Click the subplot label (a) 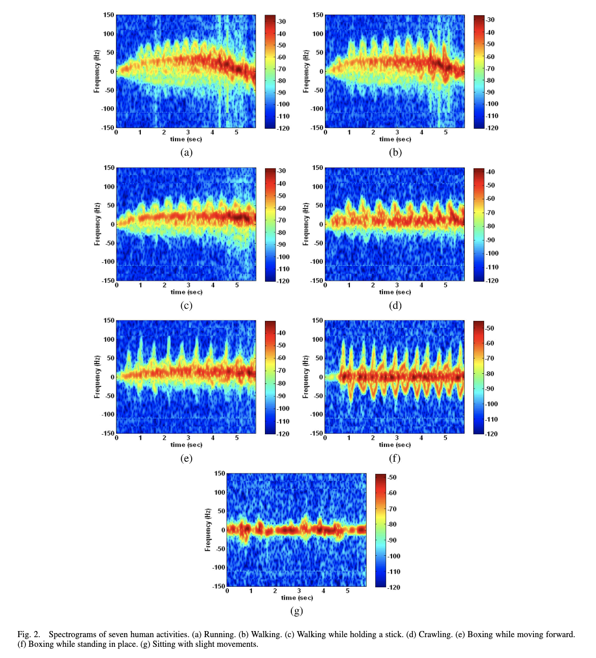tap(186, 152)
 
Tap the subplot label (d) tap(395, 305)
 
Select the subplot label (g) tap(296, 611)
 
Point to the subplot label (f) tap(395, 458)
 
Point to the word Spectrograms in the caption tap(73, 634)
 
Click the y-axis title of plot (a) tap(97, 71)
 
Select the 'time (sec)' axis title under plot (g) tap(297, 597)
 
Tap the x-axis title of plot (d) tap(395, 292)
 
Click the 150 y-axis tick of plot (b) tap(318, 15)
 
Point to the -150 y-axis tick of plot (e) tap(108, 433)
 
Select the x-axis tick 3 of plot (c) tap(189, 285)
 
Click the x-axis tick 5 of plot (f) tap(445, 438)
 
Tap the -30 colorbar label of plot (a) tap(282, 21)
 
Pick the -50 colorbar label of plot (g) tap(392, 477)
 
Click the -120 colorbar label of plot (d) tap(492, 280)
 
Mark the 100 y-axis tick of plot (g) tap(219, 492)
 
